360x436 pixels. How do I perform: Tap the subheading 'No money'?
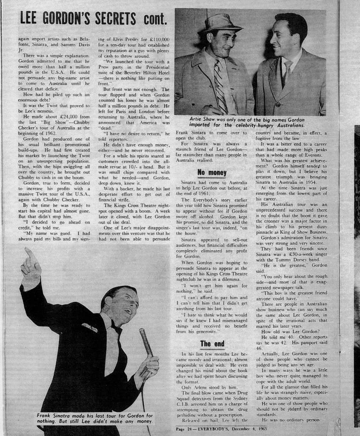point(212,172)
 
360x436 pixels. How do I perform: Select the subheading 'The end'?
point(212,344)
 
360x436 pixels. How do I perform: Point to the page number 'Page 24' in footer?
point(186,429)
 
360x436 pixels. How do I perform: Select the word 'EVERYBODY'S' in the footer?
point(216,429)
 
